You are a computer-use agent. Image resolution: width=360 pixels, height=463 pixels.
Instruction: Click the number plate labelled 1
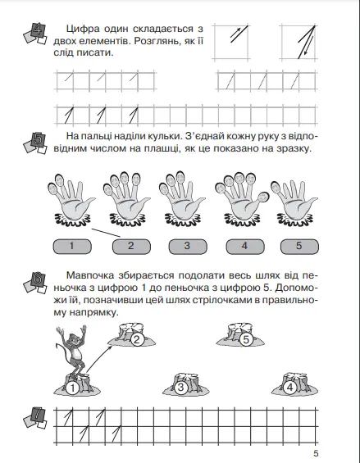point(72,247)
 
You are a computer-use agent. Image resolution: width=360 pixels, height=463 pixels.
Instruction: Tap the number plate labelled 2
point(131,247)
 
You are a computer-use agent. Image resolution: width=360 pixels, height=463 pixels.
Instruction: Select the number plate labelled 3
point(188,247)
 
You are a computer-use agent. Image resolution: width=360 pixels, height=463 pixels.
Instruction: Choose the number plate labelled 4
point(245,247)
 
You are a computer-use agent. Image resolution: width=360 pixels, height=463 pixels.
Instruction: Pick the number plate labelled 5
point(299,247)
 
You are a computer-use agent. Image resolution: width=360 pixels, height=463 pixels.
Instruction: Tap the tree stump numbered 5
point(240,334)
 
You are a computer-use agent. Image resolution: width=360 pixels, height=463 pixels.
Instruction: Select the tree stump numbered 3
point(186,384)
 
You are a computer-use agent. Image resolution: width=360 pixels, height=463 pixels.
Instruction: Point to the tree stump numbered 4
point(294,384)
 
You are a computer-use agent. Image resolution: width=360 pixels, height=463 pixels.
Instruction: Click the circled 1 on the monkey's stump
point(72,388)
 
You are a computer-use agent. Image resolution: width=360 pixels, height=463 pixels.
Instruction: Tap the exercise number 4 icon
point(35,34)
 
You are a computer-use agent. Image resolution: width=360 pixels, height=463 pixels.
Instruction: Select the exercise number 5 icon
point(35,143)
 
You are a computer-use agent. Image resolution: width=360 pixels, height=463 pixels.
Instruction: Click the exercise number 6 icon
point(35,283)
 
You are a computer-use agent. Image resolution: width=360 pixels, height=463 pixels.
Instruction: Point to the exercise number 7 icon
point(35,418)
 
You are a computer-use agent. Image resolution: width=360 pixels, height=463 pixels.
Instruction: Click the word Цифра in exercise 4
point(83,30)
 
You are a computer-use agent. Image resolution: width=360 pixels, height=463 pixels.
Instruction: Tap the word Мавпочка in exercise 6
point(90,276)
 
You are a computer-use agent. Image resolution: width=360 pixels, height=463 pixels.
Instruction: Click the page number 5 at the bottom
point(316,453)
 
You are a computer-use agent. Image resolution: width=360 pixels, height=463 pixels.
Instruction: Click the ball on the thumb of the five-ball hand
point(262,197)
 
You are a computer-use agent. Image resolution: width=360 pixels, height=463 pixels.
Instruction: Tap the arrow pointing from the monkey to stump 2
point(99,360)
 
